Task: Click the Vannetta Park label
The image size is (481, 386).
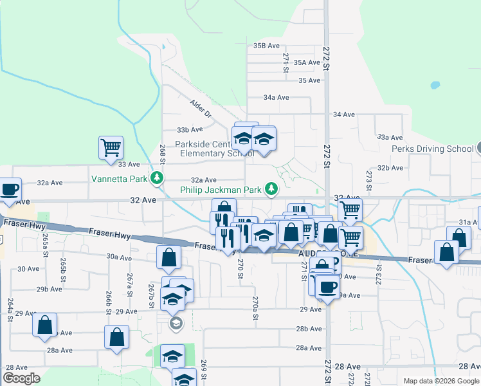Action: point(119,178)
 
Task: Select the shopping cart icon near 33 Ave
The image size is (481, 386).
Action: point(111,147)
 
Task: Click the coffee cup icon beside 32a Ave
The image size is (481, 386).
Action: point(10,189)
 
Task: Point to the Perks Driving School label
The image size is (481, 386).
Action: point(433,149)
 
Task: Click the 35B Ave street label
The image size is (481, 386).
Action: point(266,46)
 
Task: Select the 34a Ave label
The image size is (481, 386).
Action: point(276,97)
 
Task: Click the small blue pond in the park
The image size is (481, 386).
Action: point(435,84)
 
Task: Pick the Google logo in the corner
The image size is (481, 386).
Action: point(21,378)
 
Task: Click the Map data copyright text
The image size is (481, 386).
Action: point(441,381)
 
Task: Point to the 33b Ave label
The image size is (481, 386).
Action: point(190,130)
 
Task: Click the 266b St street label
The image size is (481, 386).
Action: point(109,302)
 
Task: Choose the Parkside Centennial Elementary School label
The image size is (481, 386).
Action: point(208,149)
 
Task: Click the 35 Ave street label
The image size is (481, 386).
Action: point(309,80)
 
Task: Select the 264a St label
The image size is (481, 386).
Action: point(10,309)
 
